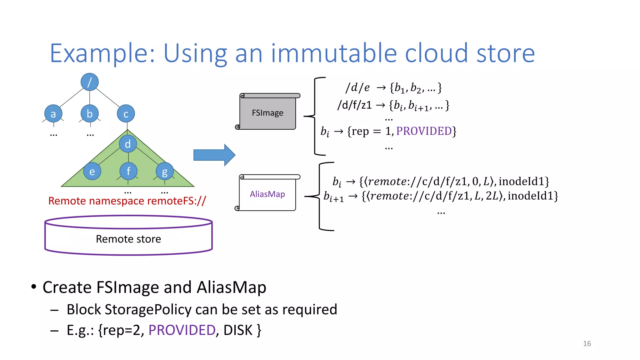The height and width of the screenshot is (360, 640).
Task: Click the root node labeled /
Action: [x=90, y=82]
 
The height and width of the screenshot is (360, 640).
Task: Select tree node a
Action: [x=53, y=114]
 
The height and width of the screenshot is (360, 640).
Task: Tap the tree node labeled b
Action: [x=90, y=114]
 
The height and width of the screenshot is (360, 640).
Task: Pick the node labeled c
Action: [x=126, y=114]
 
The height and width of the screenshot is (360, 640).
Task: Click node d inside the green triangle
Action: [x=128, y=144]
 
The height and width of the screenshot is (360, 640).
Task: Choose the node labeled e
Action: [x=92, y=171]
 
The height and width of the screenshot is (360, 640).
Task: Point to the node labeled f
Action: [x=128, y=171]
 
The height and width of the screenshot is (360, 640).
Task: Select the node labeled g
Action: [x=165, y=171]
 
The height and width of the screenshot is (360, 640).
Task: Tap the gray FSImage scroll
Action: [x=267, y=113]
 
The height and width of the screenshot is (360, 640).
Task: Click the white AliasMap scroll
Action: [x=267, y=194]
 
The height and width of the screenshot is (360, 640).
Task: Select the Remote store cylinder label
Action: [x=128, y=239]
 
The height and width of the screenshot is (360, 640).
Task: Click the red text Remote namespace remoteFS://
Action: [x=127, y=201]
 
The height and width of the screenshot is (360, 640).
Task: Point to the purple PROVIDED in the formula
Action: [x=424, y=131]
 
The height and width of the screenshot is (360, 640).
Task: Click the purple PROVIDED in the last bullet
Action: [x=182, y=330]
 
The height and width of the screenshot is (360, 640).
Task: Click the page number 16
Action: [x=587, y=343]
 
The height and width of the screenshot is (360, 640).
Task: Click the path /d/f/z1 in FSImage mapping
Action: [x=355, y=105]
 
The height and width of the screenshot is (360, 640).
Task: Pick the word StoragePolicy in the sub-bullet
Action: [x=148, y=309]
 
